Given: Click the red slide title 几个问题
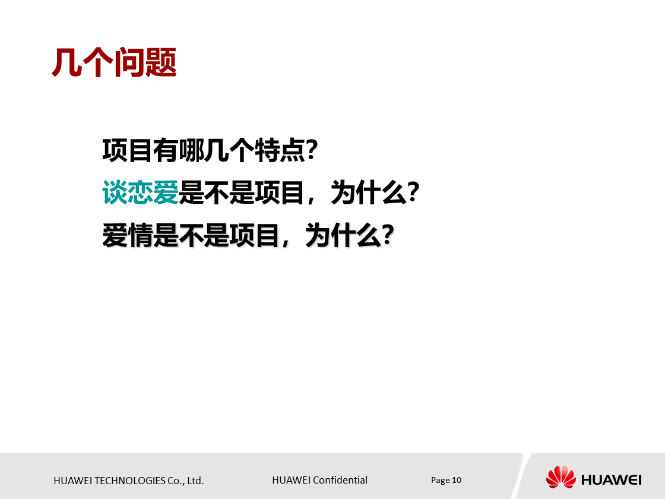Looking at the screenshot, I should [114, 62].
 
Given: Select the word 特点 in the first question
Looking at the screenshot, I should [280, 150].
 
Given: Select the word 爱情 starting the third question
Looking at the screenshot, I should [128, 235].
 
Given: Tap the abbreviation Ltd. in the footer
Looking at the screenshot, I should [195, 481].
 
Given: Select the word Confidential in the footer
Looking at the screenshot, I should [340, 480].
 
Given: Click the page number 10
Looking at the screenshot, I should [457, 480].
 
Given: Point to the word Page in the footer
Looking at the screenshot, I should [441, 480].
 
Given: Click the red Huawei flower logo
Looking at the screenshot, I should [560, 477].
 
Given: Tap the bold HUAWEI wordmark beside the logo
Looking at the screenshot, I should [612, 479].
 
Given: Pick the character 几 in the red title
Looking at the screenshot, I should [66, 62].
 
